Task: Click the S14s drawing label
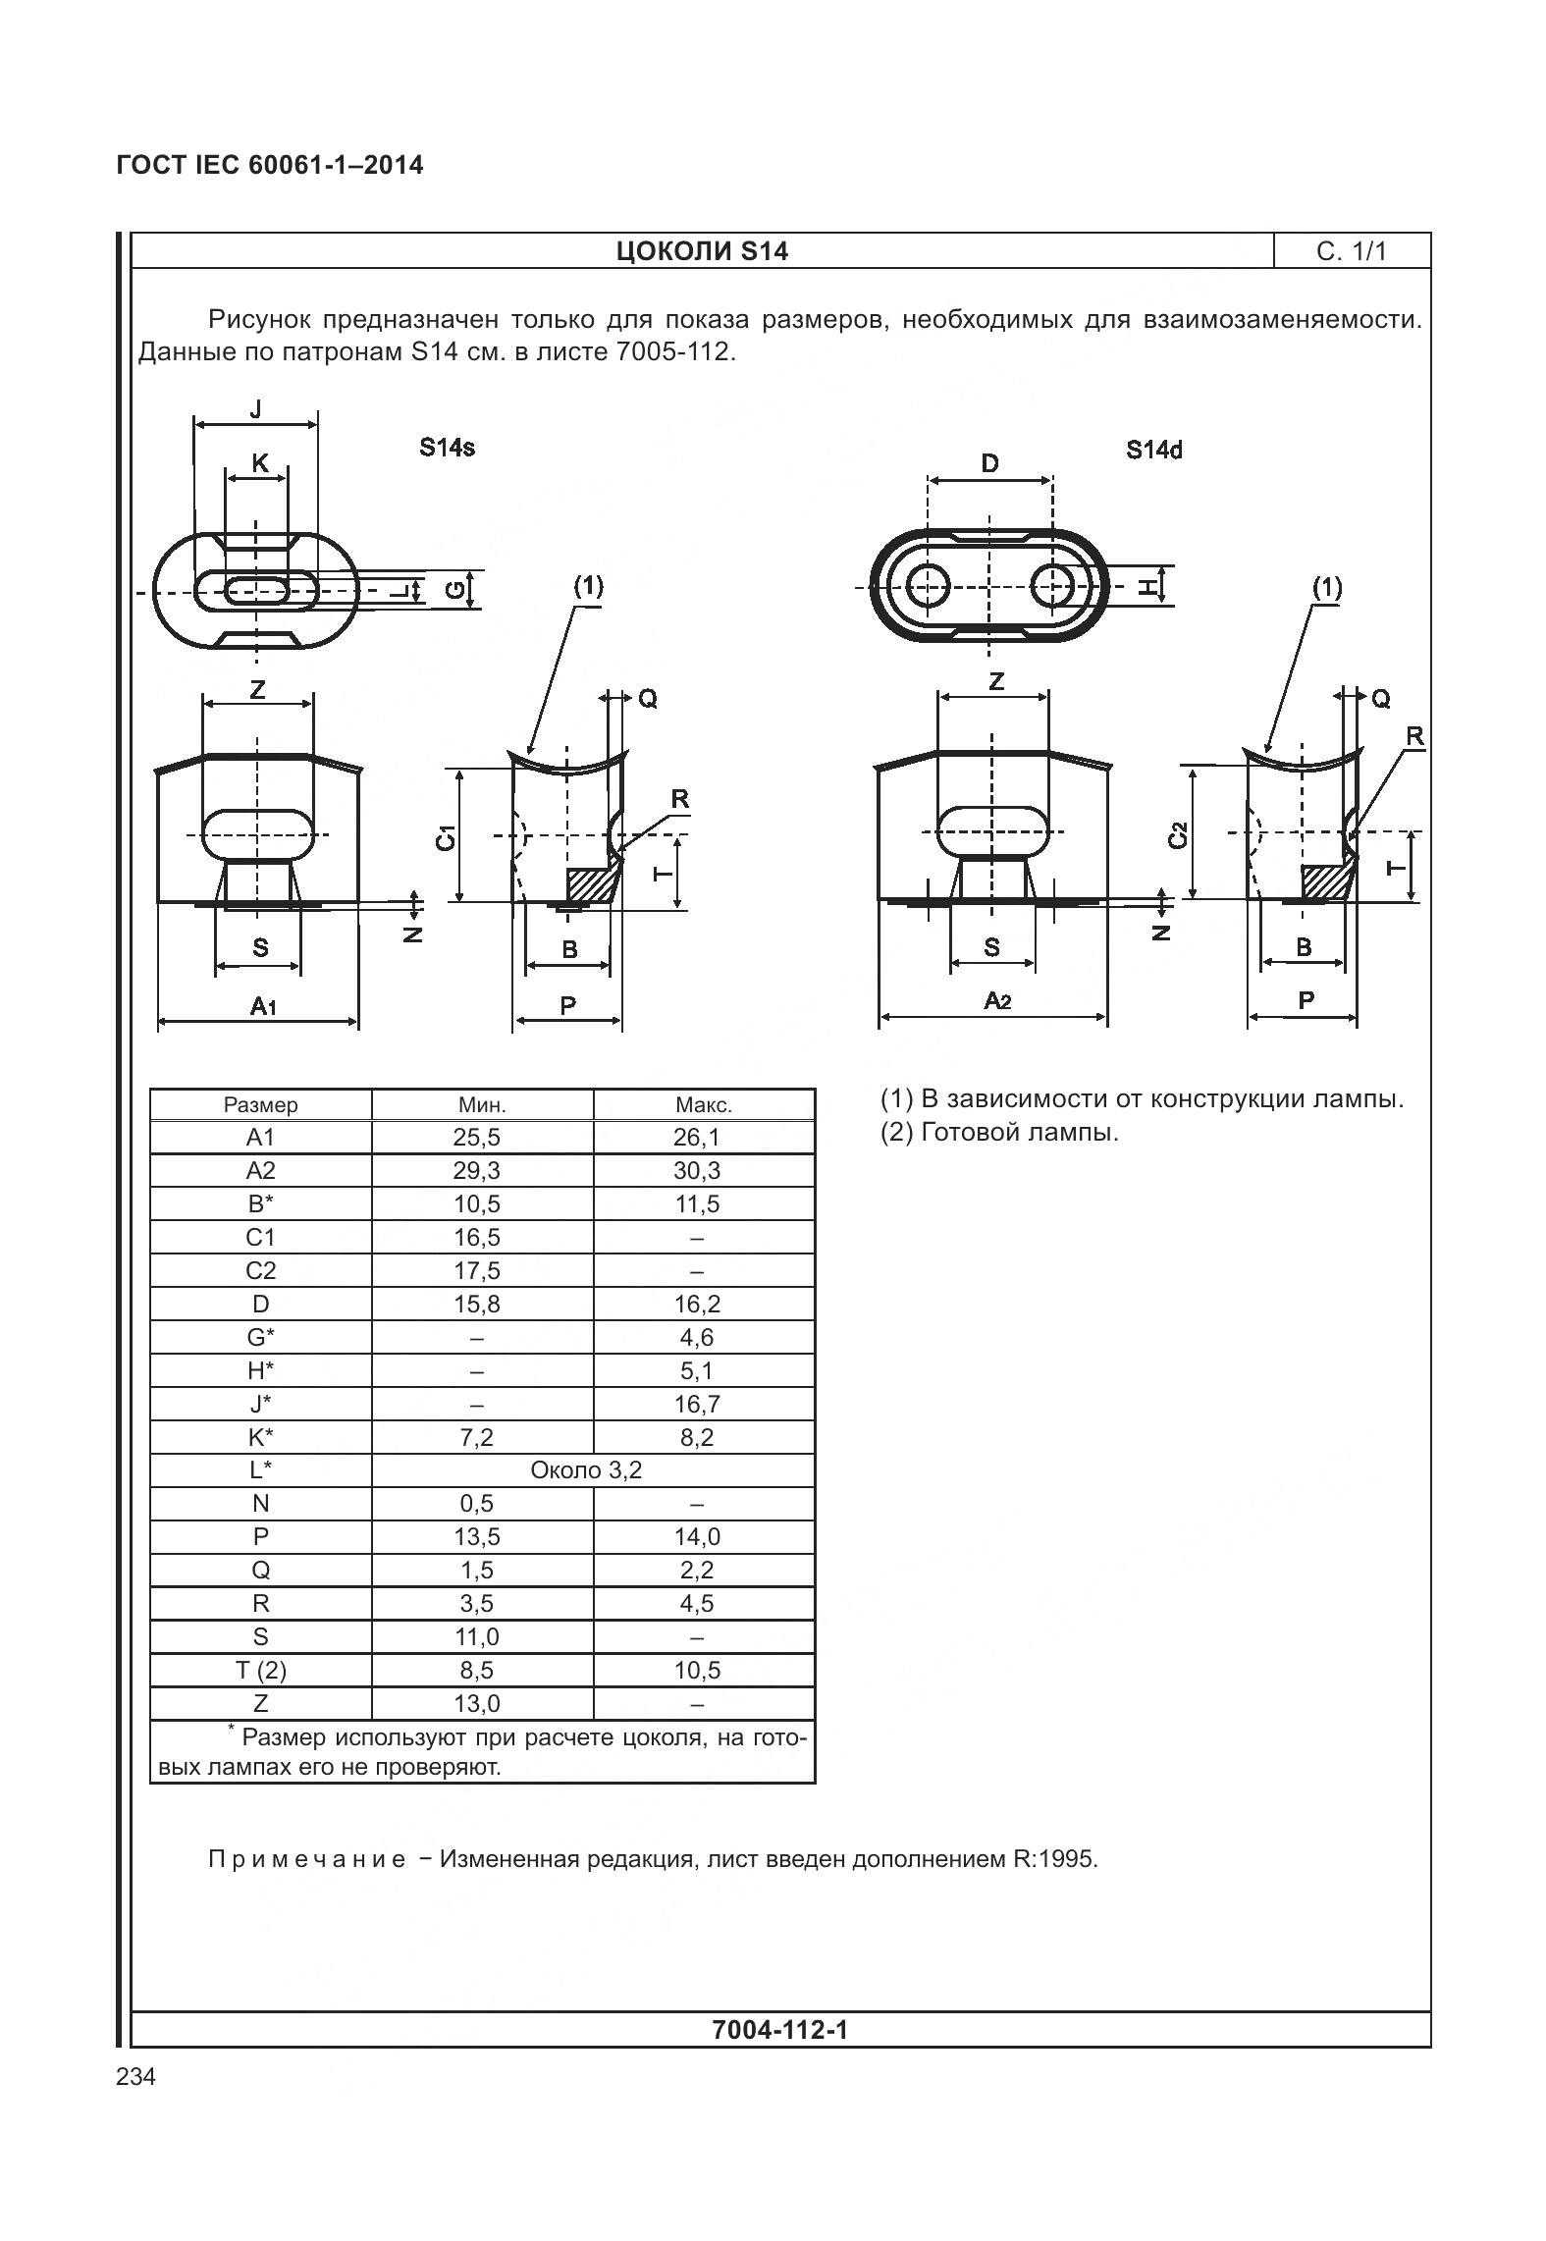coord(447,448)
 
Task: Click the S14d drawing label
coord(1153,450)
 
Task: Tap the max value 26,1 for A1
coord(697,1137)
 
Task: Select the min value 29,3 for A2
coord(478,1170)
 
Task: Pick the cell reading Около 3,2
coord(586,1470)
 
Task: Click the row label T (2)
coord(260,1670)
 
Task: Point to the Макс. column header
coord(704,1104)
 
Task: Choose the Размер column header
coord(260,1104)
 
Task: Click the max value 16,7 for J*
coord(697,1404)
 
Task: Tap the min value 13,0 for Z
coord(478,1703)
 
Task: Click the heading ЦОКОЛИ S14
coord(702,251)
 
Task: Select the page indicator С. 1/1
coord(1351,251)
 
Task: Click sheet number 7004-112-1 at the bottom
coord(779,2029)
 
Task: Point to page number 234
coord(135,2076)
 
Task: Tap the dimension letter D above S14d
coord(989,463)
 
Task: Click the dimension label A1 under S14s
coord(262,1005)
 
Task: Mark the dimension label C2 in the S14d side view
coord(1179,834)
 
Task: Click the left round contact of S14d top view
coord(928,588)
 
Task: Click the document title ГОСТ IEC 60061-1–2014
coord(270,165)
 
